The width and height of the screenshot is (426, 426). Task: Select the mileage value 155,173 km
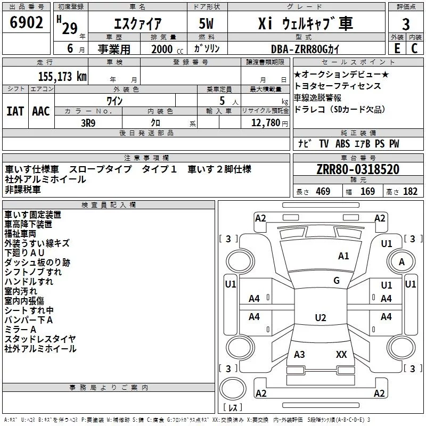[x=62, y=76]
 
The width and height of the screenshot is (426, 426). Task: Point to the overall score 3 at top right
[x=406, y=24]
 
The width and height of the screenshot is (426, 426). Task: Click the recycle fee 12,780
[x=265, y=123]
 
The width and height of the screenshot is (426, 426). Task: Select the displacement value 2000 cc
[x=162, y=49]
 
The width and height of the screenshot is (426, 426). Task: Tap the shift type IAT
[x=15, y=111]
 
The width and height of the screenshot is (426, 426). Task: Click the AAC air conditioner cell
[x=40, y=111]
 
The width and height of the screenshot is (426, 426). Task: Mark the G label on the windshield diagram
[x=337, y=281]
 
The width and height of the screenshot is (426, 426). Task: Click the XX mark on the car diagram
[x=341, y=354]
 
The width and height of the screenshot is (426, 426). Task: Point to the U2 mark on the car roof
[x=320, y=318]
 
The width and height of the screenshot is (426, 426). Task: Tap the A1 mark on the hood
[x=343, y=256]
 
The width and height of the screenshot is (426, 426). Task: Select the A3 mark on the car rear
[x=299, y=354]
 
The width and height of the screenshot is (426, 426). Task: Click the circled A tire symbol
[x=402, y=261]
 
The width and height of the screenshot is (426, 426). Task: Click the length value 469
[x=322, y=192]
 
